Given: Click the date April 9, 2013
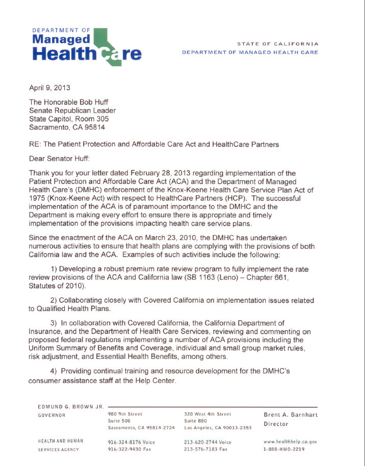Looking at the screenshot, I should [x=49, y=87].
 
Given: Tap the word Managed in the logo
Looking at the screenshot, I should [x=61, y=40].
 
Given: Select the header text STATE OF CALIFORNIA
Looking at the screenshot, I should [x=277, y=44].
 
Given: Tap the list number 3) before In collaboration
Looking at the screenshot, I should [x=54, y=322].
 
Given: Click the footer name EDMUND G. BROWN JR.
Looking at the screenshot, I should [x=70, y=406].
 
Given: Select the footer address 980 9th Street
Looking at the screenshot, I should [x=125, y=414].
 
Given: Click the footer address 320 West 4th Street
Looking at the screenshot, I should [x=207, y=414].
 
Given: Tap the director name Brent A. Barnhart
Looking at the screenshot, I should [x=290, y=415].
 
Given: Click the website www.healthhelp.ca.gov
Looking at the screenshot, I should [x=290, y=442].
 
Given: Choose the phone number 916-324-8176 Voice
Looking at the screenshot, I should [x=132, y=442].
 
